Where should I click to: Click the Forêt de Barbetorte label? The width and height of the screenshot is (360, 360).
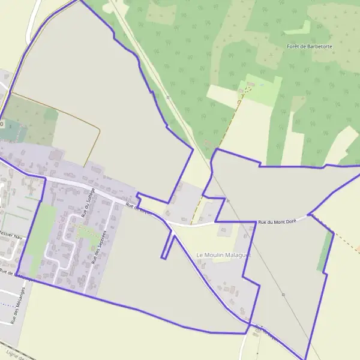tap(310, 46)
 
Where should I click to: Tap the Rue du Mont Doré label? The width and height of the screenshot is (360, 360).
tap(278, 223)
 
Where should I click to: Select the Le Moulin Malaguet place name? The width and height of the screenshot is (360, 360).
tap(224, 255)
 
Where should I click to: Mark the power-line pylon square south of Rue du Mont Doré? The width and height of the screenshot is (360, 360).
tap(283, 295)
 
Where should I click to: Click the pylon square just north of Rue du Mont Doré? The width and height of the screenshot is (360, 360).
tap(228, 201)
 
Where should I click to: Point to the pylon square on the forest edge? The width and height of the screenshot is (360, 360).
tap(168, 97)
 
